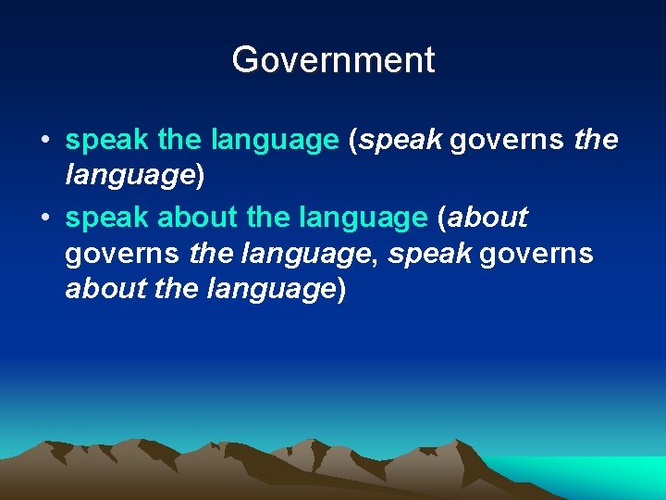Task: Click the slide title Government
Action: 333,60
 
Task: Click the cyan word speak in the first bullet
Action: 106,141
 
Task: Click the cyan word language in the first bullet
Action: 275,141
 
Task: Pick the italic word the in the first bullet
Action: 597,141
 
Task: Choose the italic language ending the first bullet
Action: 126,176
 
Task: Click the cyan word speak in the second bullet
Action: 106,219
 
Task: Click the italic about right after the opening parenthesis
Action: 487,219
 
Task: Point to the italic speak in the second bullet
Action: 428,254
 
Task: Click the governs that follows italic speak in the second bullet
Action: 536,254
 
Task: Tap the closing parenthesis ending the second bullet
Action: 341,290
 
